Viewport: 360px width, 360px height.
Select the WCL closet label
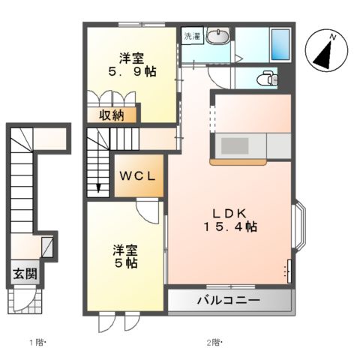click(136, 177)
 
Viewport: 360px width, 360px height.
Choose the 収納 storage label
click(118, 115)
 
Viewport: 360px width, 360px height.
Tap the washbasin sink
click(218, 37)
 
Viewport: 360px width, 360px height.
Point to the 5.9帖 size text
click(129, 73)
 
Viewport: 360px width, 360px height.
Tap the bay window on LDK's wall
click(298, 226)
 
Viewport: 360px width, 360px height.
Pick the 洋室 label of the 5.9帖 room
click(129, 57)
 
